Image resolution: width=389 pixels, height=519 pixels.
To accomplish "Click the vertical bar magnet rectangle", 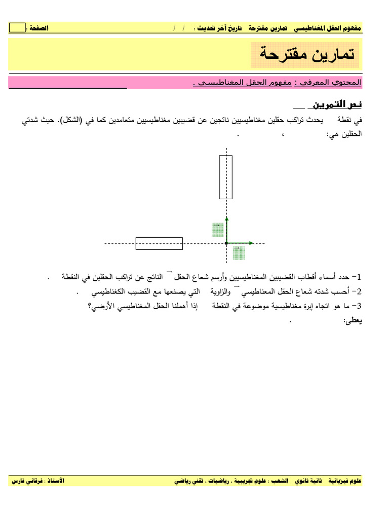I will point(225,177).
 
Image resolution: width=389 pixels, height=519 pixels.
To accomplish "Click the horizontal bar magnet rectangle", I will point(159,243).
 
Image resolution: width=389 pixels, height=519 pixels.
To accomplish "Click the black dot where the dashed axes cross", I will point(226,243).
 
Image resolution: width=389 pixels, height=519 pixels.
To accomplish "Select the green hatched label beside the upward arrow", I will point(218,229).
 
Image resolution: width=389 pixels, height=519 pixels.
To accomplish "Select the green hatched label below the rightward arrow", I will point(239,252).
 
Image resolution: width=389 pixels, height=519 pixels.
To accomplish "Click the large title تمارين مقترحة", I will point(305,54).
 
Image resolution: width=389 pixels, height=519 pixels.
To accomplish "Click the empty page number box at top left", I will point(17,28).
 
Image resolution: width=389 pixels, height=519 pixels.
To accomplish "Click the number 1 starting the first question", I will point(359,277).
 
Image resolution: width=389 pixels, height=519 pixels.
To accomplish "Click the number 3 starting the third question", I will point(359,307).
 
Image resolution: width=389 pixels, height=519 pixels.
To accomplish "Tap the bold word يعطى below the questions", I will point(353,321).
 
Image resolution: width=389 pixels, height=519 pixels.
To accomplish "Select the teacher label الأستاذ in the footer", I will point(54,480).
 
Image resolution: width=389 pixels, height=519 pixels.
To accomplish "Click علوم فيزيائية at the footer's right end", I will point(344,480).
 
